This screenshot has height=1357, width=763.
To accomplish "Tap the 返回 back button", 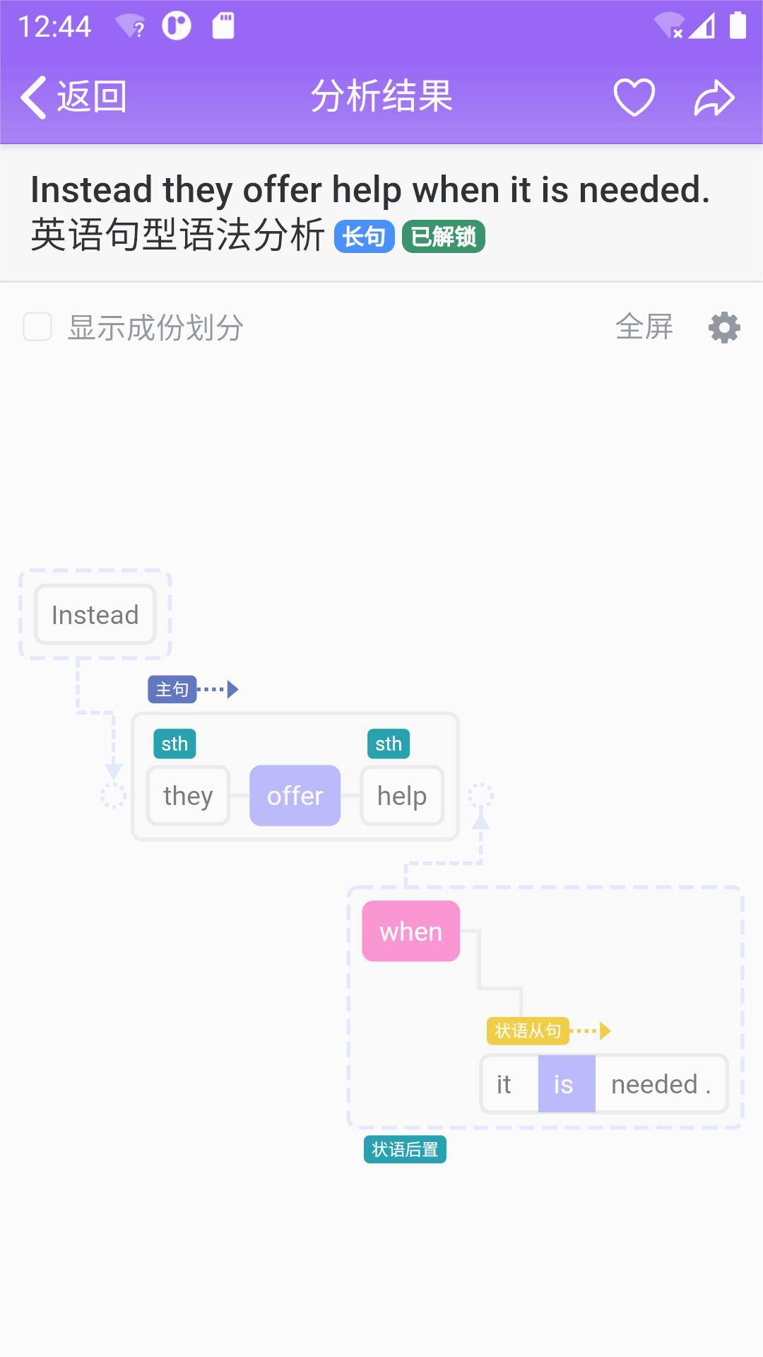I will pos(74,97).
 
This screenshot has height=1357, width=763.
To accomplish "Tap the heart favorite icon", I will pos(634,97).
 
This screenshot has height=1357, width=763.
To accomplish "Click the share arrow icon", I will pos(714,97).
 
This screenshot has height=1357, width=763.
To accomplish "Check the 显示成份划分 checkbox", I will pos(37,327).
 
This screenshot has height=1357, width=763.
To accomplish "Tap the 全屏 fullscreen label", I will pos(644,327).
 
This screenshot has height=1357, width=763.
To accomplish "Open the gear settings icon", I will pos(724,328).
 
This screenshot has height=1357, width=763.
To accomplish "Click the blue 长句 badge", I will pos(364,236).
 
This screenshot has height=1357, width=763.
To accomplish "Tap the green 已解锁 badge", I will pos(443,236).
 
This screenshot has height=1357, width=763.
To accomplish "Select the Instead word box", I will pos(95,615).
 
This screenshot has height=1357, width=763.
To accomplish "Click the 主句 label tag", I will pos(172,689).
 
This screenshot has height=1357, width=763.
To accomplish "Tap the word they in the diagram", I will pos(188,796).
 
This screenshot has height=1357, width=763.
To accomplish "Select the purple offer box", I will pos(295,796).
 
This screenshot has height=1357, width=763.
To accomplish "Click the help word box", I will pos(402,796).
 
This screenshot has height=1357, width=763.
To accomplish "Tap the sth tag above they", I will pos(175,744).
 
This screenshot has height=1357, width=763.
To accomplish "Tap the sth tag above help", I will pos(389,744).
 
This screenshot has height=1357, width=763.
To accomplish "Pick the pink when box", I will pos(410,932).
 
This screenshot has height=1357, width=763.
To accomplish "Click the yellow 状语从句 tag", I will pos(528,1031).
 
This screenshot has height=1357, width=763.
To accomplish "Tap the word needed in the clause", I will pos(654,1084).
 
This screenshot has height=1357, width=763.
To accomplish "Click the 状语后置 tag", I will pos(405,1150).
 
